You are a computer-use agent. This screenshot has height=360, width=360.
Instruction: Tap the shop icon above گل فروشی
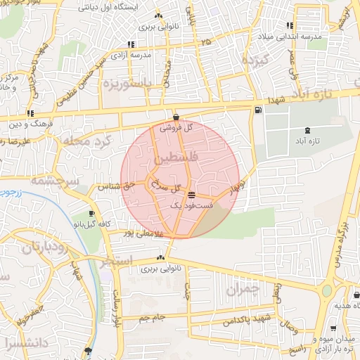[175, 117]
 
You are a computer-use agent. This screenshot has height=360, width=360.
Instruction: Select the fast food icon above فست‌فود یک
[192, 194]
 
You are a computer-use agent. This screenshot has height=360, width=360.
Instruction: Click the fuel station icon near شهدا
[259, 110]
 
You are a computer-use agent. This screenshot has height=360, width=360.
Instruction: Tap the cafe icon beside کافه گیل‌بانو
[91, 213]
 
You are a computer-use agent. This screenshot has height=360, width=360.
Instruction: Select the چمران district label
[244, 288]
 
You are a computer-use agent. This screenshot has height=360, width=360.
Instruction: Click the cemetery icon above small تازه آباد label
[307, 131]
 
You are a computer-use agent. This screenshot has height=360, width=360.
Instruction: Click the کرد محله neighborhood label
[87, 141]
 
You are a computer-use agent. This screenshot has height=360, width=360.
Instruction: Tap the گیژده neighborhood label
[256, 60]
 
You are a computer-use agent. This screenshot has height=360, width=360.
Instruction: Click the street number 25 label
[205, 43]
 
